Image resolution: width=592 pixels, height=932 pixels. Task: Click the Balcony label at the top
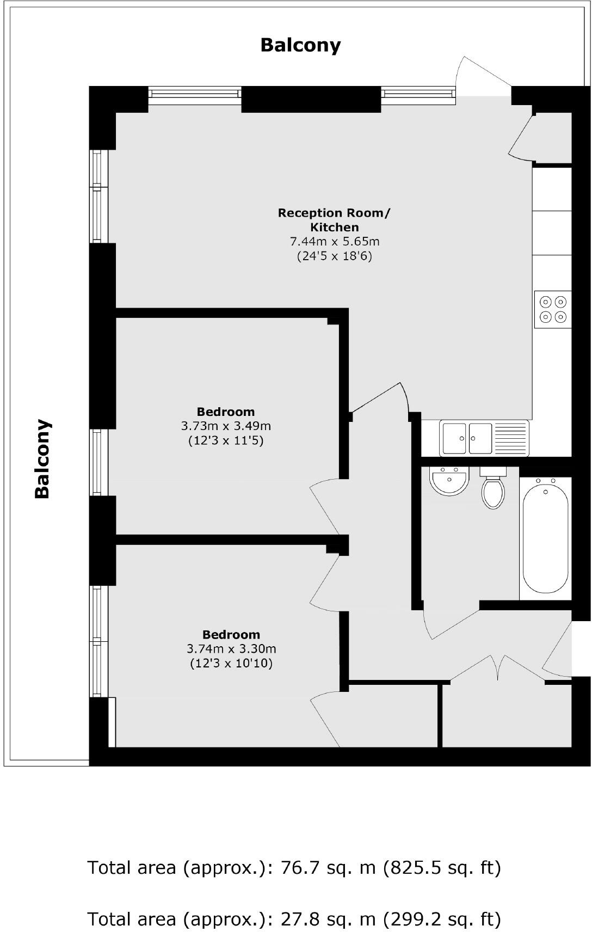[x=300, y=45]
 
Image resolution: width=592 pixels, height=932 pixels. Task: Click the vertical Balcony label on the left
[x=42, y=458]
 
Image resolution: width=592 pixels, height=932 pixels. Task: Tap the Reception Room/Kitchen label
[x=334, y=220]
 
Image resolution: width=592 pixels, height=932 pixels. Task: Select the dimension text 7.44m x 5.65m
[x=334, y=241]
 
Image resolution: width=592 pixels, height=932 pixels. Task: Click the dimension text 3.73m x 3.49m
[x=225, y=426]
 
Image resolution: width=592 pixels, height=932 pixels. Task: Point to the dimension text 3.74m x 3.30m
[x=231, y=648]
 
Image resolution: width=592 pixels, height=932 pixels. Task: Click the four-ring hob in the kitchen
[x=553, y=309]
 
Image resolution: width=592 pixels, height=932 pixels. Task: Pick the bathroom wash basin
[x=449, y=481]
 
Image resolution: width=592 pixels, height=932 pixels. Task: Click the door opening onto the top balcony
[x=481, y=76]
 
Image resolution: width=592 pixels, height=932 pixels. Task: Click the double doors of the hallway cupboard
[x=498, y=667]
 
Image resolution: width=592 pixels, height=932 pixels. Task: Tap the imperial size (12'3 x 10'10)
[x=231, y=663]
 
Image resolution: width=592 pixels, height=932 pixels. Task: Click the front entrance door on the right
[x=558, y=648]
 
